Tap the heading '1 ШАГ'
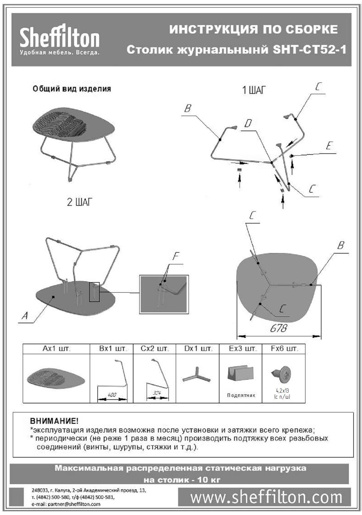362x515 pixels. coord(254,90)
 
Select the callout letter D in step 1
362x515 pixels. coord(248,124)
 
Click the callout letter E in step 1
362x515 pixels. coord(329,146)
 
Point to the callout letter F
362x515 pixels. coord(175,256)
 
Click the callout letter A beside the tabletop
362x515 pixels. coord(25,315)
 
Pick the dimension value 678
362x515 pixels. coord(278,328)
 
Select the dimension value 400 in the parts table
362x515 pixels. coord(112,395)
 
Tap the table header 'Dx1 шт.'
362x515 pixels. coord(198,349)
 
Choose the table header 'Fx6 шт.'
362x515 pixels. coord(284,349)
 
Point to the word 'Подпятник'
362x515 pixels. coord(241,396)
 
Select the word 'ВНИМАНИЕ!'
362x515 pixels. coord(54,421)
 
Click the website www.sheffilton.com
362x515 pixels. coord(266,497)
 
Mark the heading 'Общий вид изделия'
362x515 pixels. coord(72,89)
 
